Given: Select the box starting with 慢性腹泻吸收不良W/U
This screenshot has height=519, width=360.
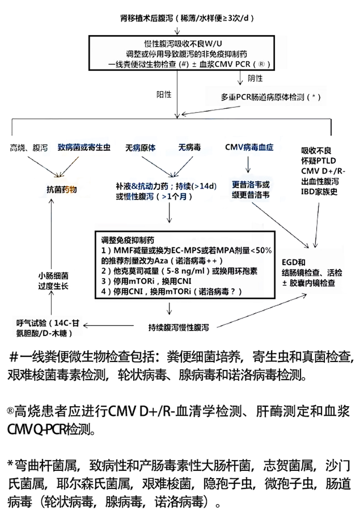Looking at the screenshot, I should point(181,53).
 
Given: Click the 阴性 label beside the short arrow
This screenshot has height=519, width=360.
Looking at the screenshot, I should point(255,78).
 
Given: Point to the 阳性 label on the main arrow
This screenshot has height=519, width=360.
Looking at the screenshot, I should point(164,94).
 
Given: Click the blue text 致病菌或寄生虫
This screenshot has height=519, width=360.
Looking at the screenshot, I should point(84,147).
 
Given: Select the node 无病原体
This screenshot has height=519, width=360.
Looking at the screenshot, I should point(140,147).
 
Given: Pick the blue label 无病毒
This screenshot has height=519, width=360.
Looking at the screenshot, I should point(189,147).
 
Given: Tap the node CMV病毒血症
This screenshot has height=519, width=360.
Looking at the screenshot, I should point(249,147).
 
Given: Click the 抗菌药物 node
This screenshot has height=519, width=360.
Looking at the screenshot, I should point(62,190).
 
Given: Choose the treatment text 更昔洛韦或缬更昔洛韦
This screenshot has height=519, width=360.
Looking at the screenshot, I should point(251,190).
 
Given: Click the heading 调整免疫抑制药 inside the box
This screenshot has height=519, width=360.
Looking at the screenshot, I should point(127,240).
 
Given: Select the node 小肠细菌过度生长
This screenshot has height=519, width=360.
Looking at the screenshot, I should point(53,281).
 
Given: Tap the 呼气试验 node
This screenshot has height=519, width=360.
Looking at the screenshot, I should point(47,328).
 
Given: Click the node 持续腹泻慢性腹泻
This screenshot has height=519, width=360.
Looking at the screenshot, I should point(179,327).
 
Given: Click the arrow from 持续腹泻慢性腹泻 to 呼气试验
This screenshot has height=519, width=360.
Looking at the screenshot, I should point(108,326).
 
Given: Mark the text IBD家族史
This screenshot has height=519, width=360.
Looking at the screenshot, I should point(319,192).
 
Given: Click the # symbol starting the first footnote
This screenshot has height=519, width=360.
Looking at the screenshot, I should point(14,357).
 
